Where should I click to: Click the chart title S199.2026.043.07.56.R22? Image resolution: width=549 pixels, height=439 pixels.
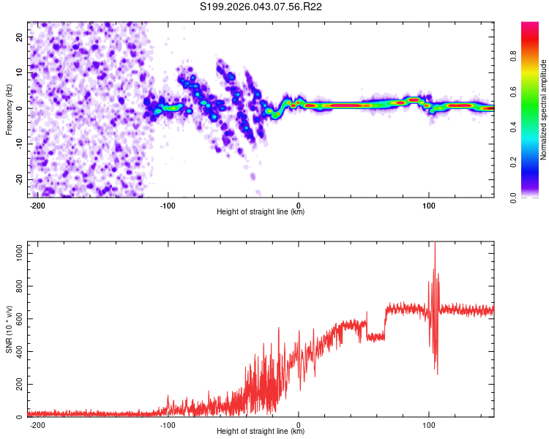(261, 7)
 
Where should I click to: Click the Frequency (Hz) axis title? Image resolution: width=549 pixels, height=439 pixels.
(9, 109)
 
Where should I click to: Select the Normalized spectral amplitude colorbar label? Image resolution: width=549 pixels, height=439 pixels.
(544, 110)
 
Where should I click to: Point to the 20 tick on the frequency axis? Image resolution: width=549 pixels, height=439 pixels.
(20, 37)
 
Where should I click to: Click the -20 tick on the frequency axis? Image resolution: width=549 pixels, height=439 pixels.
(18, 179)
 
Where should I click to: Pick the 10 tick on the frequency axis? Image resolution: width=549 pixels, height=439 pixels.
(20, 72)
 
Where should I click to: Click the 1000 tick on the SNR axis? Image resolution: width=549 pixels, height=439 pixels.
(15, 252)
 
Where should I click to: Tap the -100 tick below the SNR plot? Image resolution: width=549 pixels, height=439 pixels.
(168, 424)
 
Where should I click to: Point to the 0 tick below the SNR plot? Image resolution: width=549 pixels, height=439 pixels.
(299, 424)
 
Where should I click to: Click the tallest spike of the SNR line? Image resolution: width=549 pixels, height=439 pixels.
(435, 244)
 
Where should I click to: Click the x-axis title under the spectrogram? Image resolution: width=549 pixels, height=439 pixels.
(261, 212)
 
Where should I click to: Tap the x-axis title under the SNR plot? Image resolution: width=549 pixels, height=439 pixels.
(261, 432)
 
